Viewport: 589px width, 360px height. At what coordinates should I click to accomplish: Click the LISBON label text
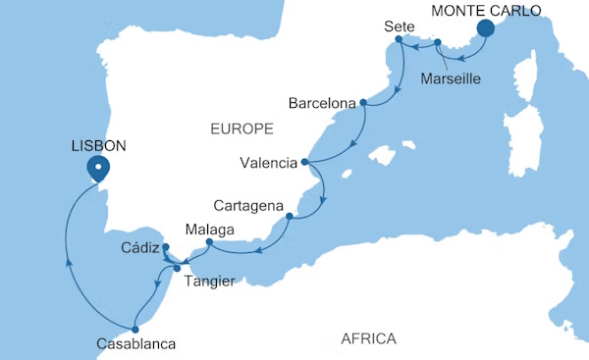point(99,144)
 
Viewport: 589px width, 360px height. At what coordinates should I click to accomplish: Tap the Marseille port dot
point(437,42)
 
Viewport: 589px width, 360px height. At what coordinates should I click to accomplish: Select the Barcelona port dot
point(363,102)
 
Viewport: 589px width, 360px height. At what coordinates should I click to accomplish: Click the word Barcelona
point(323,102)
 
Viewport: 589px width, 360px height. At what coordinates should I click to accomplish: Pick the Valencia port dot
point(304,162)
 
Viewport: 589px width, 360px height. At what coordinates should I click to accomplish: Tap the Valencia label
point(268,162)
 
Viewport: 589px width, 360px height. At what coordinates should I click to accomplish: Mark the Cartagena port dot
point(290,217)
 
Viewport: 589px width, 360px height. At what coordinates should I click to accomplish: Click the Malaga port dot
point(209,241)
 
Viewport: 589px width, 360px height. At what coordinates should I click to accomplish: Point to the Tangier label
point(207,282)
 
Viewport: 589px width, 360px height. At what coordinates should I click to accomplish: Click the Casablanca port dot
point(134,329)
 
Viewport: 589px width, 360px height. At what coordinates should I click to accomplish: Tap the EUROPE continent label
point(241,129)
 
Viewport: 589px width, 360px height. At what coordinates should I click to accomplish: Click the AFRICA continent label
point(368,338)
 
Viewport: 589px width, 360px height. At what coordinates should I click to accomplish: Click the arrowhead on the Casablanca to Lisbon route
point(67,261)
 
